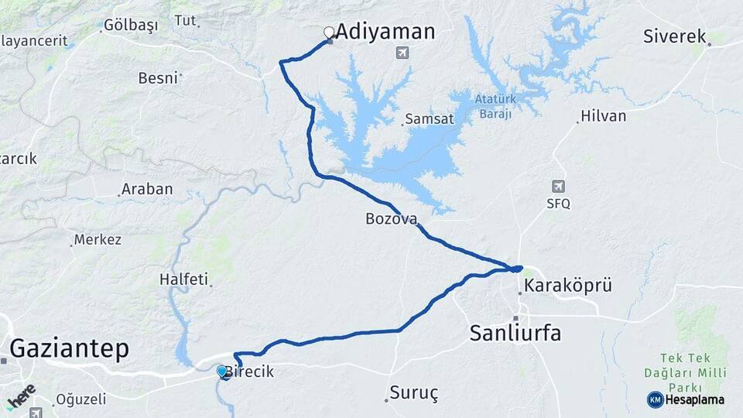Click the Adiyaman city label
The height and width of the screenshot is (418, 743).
pos(385,32)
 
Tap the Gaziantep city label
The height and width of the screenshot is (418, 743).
pos(68,349)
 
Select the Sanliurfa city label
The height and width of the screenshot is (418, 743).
pos(515,334)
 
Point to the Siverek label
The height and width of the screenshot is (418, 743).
pos(675,36)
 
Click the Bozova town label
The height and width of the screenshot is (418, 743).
pos(391,219)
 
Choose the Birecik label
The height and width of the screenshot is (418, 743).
pos(249,372)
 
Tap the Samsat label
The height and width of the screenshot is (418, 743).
pos(427,119)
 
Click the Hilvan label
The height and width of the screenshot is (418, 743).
pos(604,116)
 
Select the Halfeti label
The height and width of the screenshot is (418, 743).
pos(184,279)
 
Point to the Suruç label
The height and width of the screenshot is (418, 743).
pos(414,393)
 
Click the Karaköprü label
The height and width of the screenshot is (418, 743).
pos(568,286)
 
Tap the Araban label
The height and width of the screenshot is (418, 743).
pos(148,190)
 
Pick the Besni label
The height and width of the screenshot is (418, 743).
pos(158,77)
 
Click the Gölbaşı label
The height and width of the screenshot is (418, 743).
pos(131,26)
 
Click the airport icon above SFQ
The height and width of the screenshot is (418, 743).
pos(558,187)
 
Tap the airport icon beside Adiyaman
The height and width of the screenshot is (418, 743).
pos(402,53)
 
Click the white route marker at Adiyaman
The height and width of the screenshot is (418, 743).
pos(329,33)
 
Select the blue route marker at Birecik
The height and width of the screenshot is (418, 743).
pos(222,372)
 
